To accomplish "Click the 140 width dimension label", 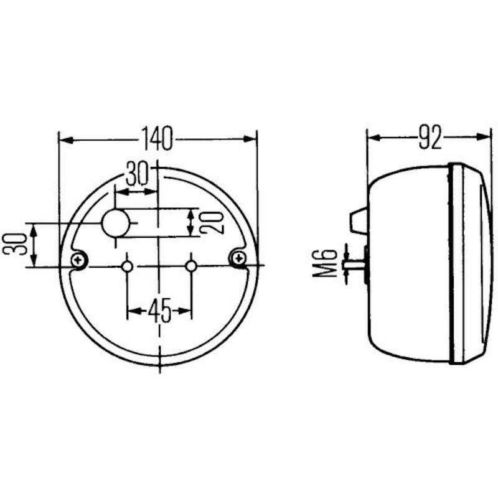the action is point(157,138).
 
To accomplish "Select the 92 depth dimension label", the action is point(430,137).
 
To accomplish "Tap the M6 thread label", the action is point(324,263).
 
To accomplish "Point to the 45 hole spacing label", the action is point(159,310).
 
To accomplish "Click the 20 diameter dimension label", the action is point(212,222).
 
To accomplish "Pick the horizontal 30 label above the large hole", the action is point(137,174).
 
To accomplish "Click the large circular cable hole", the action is point(116,223).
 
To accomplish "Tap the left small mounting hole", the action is point(128,266).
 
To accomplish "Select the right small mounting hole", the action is point(191,266).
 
